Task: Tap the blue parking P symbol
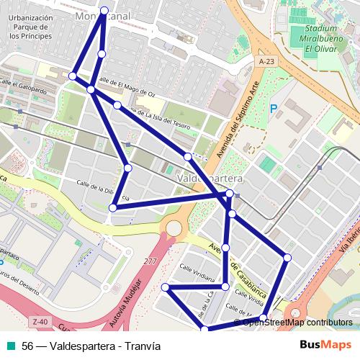[x=273, y=109]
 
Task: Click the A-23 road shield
[x=267, y=63]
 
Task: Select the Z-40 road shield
[x=40, y=321]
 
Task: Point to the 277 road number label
[x=150, y=261]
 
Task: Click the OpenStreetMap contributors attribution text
[x=297, y=323]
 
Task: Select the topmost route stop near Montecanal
[x=105, y=10]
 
